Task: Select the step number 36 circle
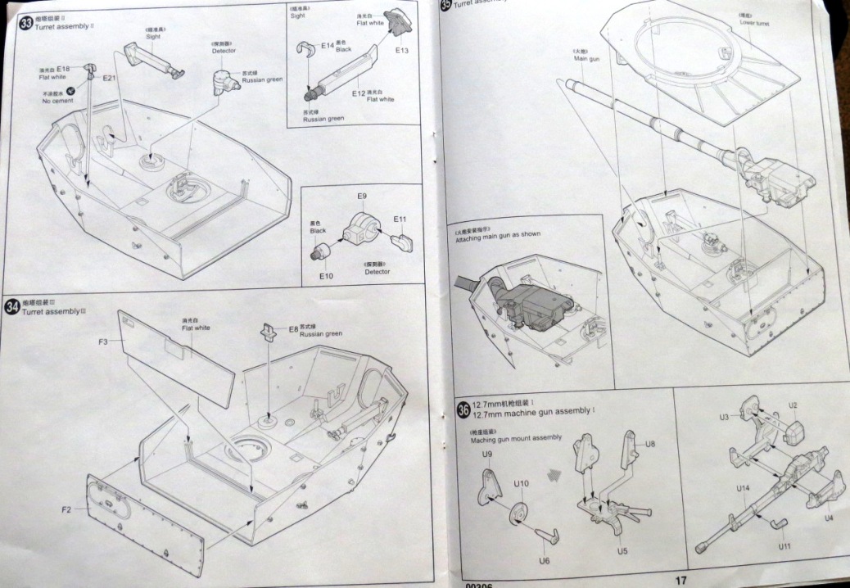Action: (x=463, y=409)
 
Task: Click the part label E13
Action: (x=401, y=51)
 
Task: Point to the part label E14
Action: (x=328, y=46)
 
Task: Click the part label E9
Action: (x=362, y=197)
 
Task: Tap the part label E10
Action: (x=326, y=276)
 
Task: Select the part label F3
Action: (x=103, y=340)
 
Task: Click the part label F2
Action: (x=68, y=509)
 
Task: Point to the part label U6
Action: (x=544, y=560)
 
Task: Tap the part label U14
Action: (x=742, y=489)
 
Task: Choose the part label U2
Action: (x=793, y=405)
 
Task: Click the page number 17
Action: (x=680, y=580)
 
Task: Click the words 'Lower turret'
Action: (x=755, y=23)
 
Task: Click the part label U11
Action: (x=784, y=545)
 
